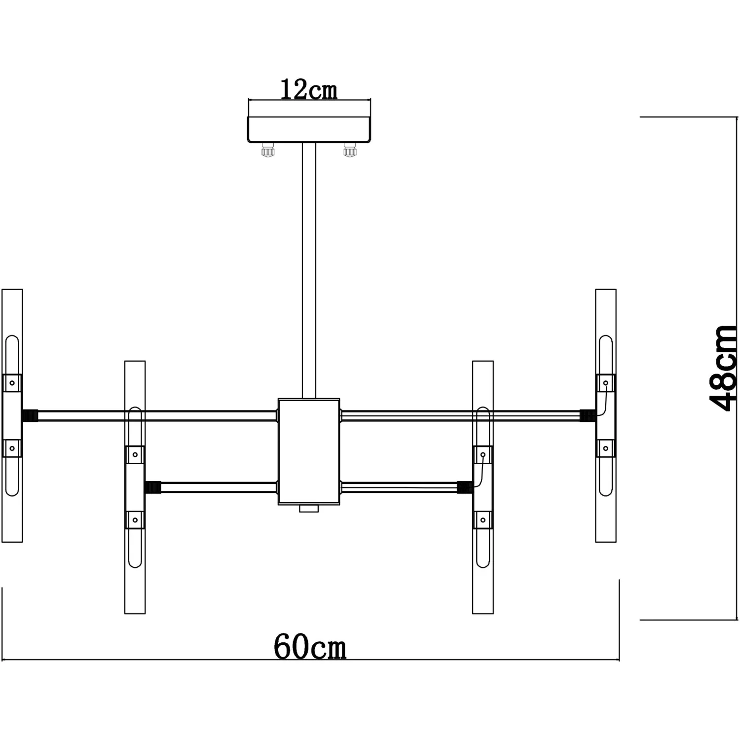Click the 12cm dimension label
point(309,90)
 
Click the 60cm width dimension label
point(310,647)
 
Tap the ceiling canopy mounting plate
point(309,130)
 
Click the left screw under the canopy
point(268,149)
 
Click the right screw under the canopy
point(350,149)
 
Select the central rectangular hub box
point(309,451)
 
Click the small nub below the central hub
point(309,508)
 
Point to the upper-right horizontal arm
point(459,416)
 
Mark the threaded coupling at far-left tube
point(30,416)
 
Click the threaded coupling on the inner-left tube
point(153,488)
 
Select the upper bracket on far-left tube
point(12,383)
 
